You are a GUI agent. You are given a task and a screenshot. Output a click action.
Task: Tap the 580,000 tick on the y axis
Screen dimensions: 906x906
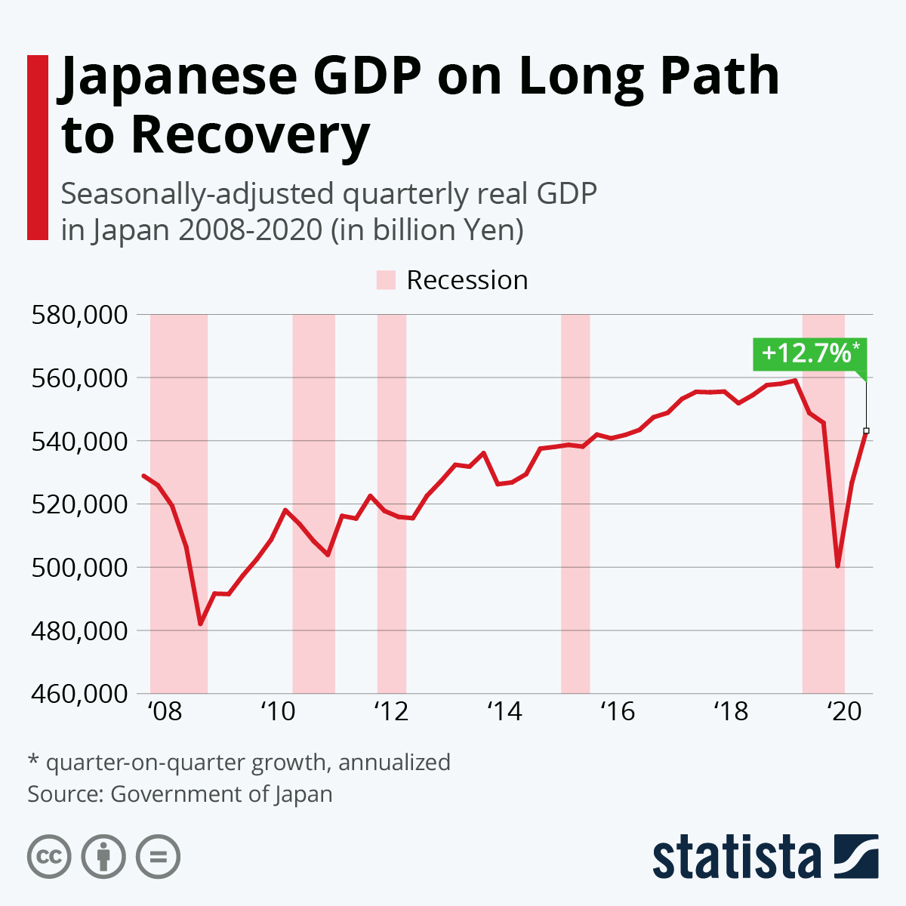(79, 314)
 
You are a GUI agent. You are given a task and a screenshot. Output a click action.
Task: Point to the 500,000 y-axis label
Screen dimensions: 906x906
(79, 567)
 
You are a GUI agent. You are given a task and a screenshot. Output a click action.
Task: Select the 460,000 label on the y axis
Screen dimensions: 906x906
(79, 693)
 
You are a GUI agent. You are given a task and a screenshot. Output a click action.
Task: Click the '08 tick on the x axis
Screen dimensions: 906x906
(165, 711)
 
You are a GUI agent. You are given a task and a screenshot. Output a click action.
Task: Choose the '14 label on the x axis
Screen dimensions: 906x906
(504, 711)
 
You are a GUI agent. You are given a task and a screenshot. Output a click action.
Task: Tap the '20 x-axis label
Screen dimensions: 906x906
(844, 711)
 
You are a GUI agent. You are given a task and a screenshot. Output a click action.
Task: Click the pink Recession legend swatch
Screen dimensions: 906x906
(386, 280)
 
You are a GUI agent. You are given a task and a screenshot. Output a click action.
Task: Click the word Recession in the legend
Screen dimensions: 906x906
(467, 280)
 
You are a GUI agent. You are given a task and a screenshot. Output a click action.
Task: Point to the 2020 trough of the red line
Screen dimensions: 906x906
(837, 566)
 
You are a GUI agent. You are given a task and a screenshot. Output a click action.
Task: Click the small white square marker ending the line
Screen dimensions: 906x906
(866, 430)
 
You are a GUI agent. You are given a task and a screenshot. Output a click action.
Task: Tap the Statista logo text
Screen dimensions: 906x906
(737, 857)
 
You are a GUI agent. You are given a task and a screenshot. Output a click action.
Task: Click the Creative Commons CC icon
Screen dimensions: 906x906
(49, 857)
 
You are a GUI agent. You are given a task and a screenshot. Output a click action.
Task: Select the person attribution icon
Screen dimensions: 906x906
(103, 857)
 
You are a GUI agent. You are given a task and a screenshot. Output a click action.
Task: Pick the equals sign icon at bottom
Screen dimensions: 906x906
(158, 857)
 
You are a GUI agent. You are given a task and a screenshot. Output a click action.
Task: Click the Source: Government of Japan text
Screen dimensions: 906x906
(180, 794)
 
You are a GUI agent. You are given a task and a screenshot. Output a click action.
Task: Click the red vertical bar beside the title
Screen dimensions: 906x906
(37, 147)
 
